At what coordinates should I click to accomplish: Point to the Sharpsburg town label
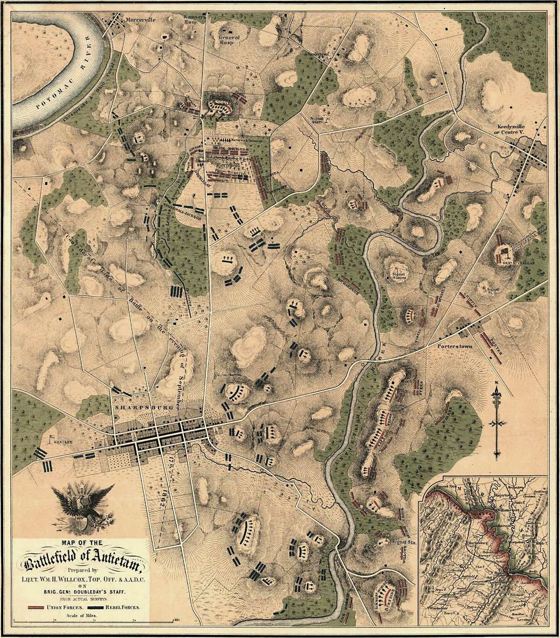click(133, 402)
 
